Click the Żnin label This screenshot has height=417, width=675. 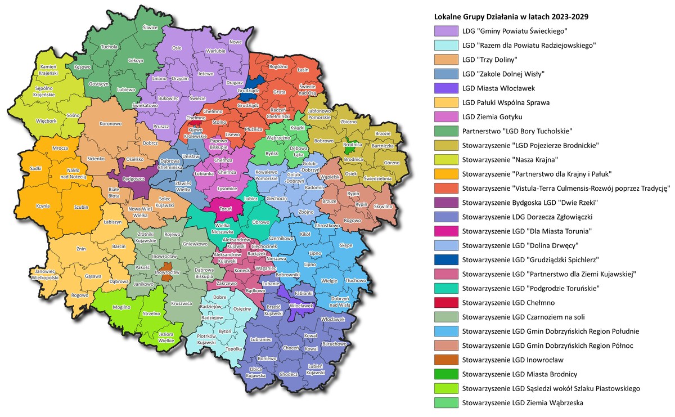(x=82, y=248)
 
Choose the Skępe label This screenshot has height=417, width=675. (x=346, y=245)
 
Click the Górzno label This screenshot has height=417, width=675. (x=390, y=162)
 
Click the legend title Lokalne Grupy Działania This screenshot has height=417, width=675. (x=511, y=16)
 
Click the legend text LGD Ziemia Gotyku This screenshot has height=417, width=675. (x=492, y=116)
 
